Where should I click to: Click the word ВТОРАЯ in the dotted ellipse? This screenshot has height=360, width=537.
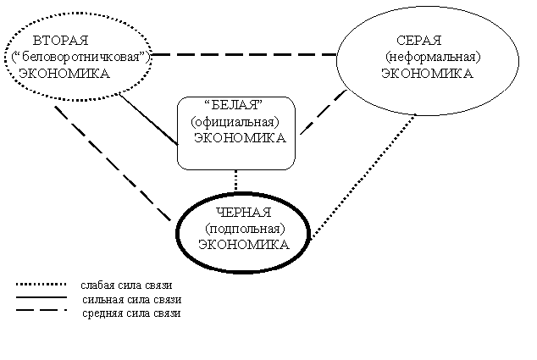(x=61, y=41)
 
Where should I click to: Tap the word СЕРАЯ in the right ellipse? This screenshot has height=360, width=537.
(x=419, y=41)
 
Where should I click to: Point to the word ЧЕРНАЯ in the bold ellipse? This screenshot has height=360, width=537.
(x=244, y=213)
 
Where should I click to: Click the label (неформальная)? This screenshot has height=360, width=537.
(x=433, y=57)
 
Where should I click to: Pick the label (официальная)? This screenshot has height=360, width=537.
(x=235, y=122)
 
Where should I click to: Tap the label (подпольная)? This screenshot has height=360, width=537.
(x=246, y=229)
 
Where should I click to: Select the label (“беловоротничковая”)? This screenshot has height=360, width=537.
(x=81, y=57)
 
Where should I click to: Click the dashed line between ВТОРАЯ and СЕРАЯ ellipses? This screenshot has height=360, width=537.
(x=244, y=54)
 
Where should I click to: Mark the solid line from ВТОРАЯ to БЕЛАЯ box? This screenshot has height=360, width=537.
(x=148, y=119)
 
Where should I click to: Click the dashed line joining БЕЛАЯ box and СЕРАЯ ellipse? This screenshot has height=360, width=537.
(x=324, y=112)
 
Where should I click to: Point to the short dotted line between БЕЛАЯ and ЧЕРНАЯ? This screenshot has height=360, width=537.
(x=235, y=180)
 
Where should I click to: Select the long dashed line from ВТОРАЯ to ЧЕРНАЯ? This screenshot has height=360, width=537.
(x=113, y=163)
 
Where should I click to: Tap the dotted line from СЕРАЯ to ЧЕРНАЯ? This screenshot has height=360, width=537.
(x=363, y=176)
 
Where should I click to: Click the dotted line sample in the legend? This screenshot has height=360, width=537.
(x=42, y=284)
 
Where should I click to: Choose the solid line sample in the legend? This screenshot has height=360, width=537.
(x=42, y=297)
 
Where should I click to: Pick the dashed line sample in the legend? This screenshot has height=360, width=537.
(x=42, y=310)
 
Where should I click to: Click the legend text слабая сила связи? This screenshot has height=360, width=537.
(x=126, y=285)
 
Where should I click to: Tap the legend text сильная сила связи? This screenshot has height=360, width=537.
(x=132, y=299)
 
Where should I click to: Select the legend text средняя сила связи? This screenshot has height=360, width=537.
(x=131, y=313)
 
